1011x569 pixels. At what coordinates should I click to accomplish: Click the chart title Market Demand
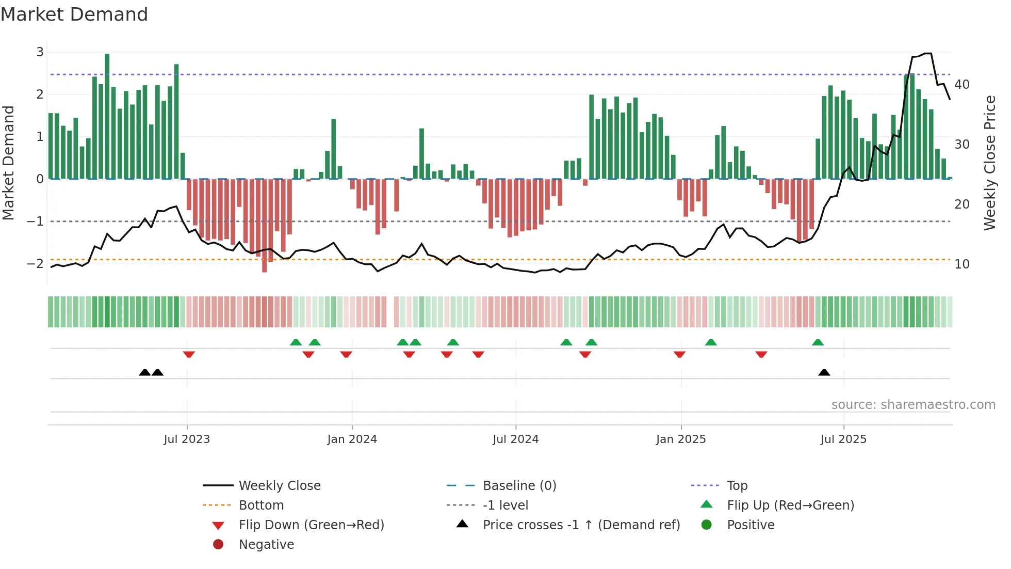(x=74, y=14)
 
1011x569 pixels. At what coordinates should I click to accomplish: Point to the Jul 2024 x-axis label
(x=515, y=439)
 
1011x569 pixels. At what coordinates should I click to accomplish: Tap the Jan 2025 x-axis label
(x=680, y=439)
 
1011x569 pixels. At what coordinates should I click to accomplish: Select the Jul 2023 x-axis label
(x=187, y=439)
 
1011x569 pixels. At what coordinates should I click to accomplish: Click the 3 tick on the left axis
(x=40, y=52)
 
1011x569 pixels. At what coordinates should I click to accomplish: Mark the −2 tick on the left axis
(x=35, y=264)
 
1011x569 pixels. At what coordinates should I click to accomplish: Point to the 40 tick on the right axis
(x=961, y=85)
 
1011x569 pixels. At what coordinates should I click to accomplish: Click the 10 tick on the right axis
(x=961, y=264)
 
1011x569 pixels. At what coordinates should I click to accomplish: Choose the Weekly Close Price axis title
(x=989, y=163)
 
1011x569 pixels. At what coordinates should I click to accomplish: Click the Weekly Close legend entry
(x=279, y=486)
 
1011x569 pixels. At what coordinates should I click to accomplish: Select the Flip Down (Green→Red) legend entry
(x=311, y=525)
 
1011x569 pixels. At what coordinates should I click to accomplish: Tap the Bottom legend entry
(x=261, y=505)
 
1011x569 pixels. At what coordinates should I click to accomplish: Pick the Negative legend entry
(x=266, y=545)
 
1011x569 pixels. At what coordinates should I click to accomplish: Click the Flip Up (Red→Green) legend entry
(x=790, y=505)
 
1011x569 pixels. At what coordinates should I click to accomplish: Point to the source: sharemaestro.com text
(x=913, y=405)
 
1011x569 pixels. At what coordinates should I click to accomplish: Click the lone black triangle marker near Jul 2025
(x=824, y=373)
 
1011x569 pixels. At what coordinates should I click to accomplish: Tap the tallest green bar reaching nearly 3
(x=107, y=116)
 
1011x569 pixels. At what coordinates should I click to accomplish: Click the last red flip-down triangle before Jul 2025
(x=761, y=354)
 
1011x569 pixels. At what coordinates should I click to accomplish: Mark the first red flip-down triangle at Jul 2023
(x=189, y=354)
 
